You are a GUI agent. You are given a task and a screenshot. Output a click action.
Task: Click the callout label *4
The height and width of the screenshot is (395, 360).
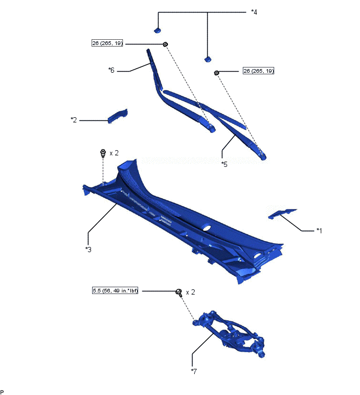click(254, 12)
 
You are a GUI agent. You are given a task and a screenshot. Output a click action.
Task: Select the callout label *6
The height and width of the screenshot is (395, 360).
click(111, 70)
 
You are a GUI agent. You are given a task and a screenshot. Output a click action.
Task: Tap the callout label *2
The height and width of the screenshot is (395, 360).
click(74, 120)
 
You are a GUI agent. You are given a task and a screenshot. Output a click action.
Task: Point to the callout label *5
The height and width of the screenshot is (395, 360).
click(224, 164)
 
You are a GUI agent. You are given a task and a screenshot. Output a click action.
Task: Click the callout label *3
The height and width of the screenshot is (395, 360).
click(88, 250)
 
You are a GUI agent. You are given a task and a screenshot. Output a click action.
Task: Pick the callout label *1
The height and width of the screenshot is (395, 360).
click(319, 231)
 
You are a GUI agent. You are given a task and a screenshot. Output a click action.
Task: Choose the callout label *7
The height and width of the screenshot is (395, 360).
click(194, 371)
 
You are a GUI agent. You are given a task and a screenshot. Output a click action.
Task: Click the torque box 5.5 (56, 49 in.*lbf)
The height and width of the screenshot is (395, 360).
click(115, 291)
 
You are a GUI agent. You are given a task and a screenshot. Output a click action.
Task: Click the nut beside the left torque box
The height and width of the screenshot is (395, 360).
click(165, 44)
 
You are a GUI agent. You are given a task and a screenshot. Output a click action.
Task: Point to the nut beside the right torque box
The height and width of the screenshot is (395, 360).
click(216, 73)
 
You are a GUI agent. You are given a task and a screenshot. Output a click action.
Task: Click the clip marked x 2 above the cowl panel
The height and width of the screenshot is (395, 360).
click(103, 153)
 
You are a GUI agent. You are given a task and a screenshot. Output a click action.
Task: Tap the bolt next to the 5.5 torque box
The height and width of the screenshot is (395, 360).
click(179, 292)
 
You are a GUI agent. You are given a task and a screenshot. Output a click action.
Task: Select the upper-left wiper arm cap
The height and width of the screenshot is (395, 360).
click(157, 30)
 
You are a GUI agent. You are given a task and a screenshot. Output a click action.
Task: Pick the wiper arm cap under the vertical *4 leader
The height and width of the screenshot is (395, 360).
click(208, 59)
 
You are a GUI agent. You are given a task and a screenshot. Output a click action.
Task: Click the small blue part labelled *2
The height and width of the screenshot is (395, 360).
click(117, 116)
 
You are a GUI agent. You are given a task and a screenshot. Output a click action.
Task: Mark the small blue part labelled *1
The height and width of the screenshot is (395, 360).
click(282, 213)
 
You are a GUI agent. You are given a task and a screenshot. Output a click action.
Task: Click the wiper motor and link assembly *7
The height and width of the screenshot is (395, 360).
click(229, 334)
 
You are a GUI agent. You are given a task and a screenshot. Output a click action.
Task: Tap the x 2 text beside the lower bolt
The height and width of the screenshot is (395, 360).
click(190, 292)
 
